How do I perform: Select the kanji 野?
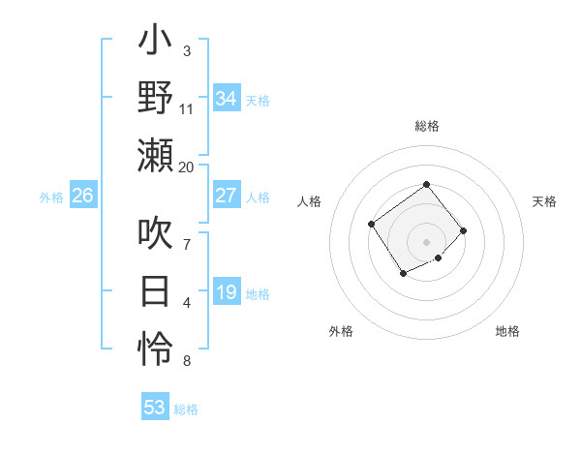pyautogui.click(x=156, y=100)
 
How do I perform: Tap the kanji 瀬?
pyautogui.click(x=156, y=155)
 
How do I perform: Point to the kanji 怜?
pyautogui.click(x=156, y=347)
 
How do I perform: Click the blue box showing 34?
pyautogui.click(x=227, y=99)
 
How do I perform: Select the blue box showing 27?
pyautogui.click(x=227, y=196)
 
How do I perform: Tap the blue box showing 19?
pyautogui.click(x=227, y=292)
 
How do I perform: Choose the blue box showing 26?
pyautogui.click(x=83, y=196)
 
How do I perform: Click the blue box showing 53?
pyautogui.click(x=155, y=408)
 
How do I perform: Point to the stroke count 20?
pyautogui.click(x=187, y=167)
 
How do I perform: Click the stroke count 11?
pyautogui.click(x=187, y=109)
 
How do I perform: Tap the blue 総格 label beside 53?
pyautogui.click(x=187, y=409)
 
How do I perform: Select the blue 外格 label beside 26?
pyautogui.click(x=51, y=197)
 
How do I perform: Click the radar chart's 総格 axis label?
pyautogui.click(x=426, y=126)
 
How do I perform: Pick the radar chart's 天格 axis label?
pyautogui.click(x=545, y=201)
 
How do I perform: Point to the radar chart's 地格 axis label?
pyautogui.click(x=507, y=331)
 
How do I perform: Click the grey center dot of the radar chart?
pyautogui.click(x=426, y=241)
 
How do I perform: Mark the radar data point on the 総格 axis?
pyautogui.click(x=426, y=184)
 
